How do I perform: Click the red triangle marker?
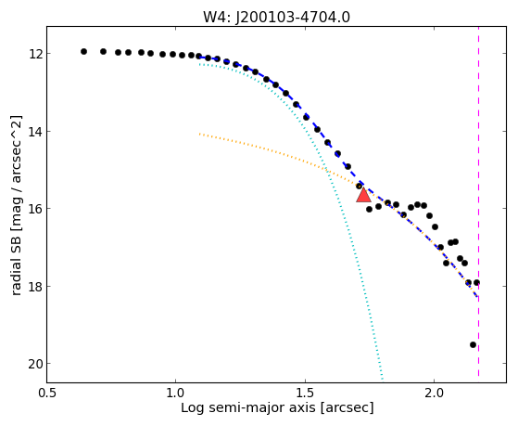pyautogui.click(x=363, y=195)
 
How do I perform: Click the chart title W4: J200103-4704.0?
pyautogui.click(x=276, y=17)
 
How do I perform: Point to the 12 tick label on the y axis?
pyautogui.click(x=35, y=53)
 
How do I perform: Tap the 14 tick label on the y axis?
pyautogui.click(x=35, y=132)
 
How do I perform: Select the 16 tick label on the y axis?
pyautogui.click(x=35, y=209)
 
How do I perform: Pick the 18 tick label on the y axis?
pyautogui.click(x=35, y=286)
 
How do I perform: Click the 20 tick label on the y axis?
pyautogui.click(x=35, y=364)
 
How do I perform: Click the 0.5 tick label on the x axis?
pyautogui.click(x=47, y=393)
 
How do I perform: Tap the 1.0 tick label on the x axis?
pyautogui.click(x=176, y=393)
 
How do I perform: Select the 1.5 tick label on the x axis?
pyautogui.click(x=305, y=393)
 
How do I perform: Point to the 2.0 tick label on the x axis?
pyautogui.click(x=434, y=393)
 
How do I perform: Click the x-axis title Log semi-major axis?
pyautogui.click(x=248, y=408)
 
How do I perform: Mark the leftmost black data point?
pyautogui.click(x=84, y=51)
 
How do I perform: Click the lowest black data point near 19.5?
pyautogui.click(x=473, y=345)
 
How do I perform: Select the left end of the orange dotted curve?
pyautogui.click(x=199, y=134)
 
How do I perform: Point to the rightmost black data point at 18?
pyautogui.click(x=476, y=283)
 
